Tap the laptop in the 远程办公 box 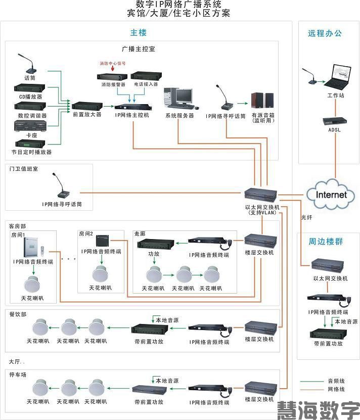coord(335,76)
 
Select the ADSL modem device coord(334,121)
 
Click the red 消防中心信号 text coord(112,64)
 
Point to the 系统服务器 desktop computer coord(179,98)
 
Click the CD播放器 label coord(30,97)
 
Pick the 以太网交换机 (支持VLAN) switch coord(260,195)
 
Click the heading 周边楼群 coord(326,242)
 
